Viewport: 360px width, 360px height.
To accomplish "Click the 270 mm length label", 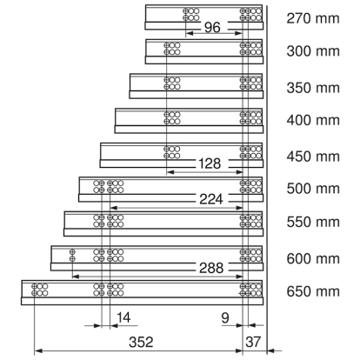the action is click(x=313, y=18).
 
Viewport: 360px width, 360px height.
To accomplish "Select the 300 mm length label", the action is click(x=313, y=51).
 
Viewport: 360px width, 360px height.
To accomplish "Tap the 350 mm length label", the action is click(x=313, y=88).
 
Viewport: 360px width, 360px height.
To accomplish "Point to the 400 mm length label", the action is click(x=313, y=120).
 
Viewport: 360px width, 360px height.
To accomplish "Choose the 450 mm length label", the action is click(x=313, y=157).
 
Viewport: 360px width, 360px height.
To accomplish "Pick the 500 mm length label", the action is click(x=313, y=189).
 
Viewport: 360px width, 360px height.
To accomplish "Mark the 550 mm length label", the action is click(x=313, y=222).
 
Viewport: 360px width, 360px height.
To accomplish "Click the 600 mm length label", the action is click(x=313, y=258).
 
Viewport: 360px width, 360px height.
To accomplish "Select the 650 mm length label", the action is click(x=313, y=291).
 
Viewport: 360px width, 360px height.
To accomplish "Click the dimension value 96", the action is click(x=212, y=28).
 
